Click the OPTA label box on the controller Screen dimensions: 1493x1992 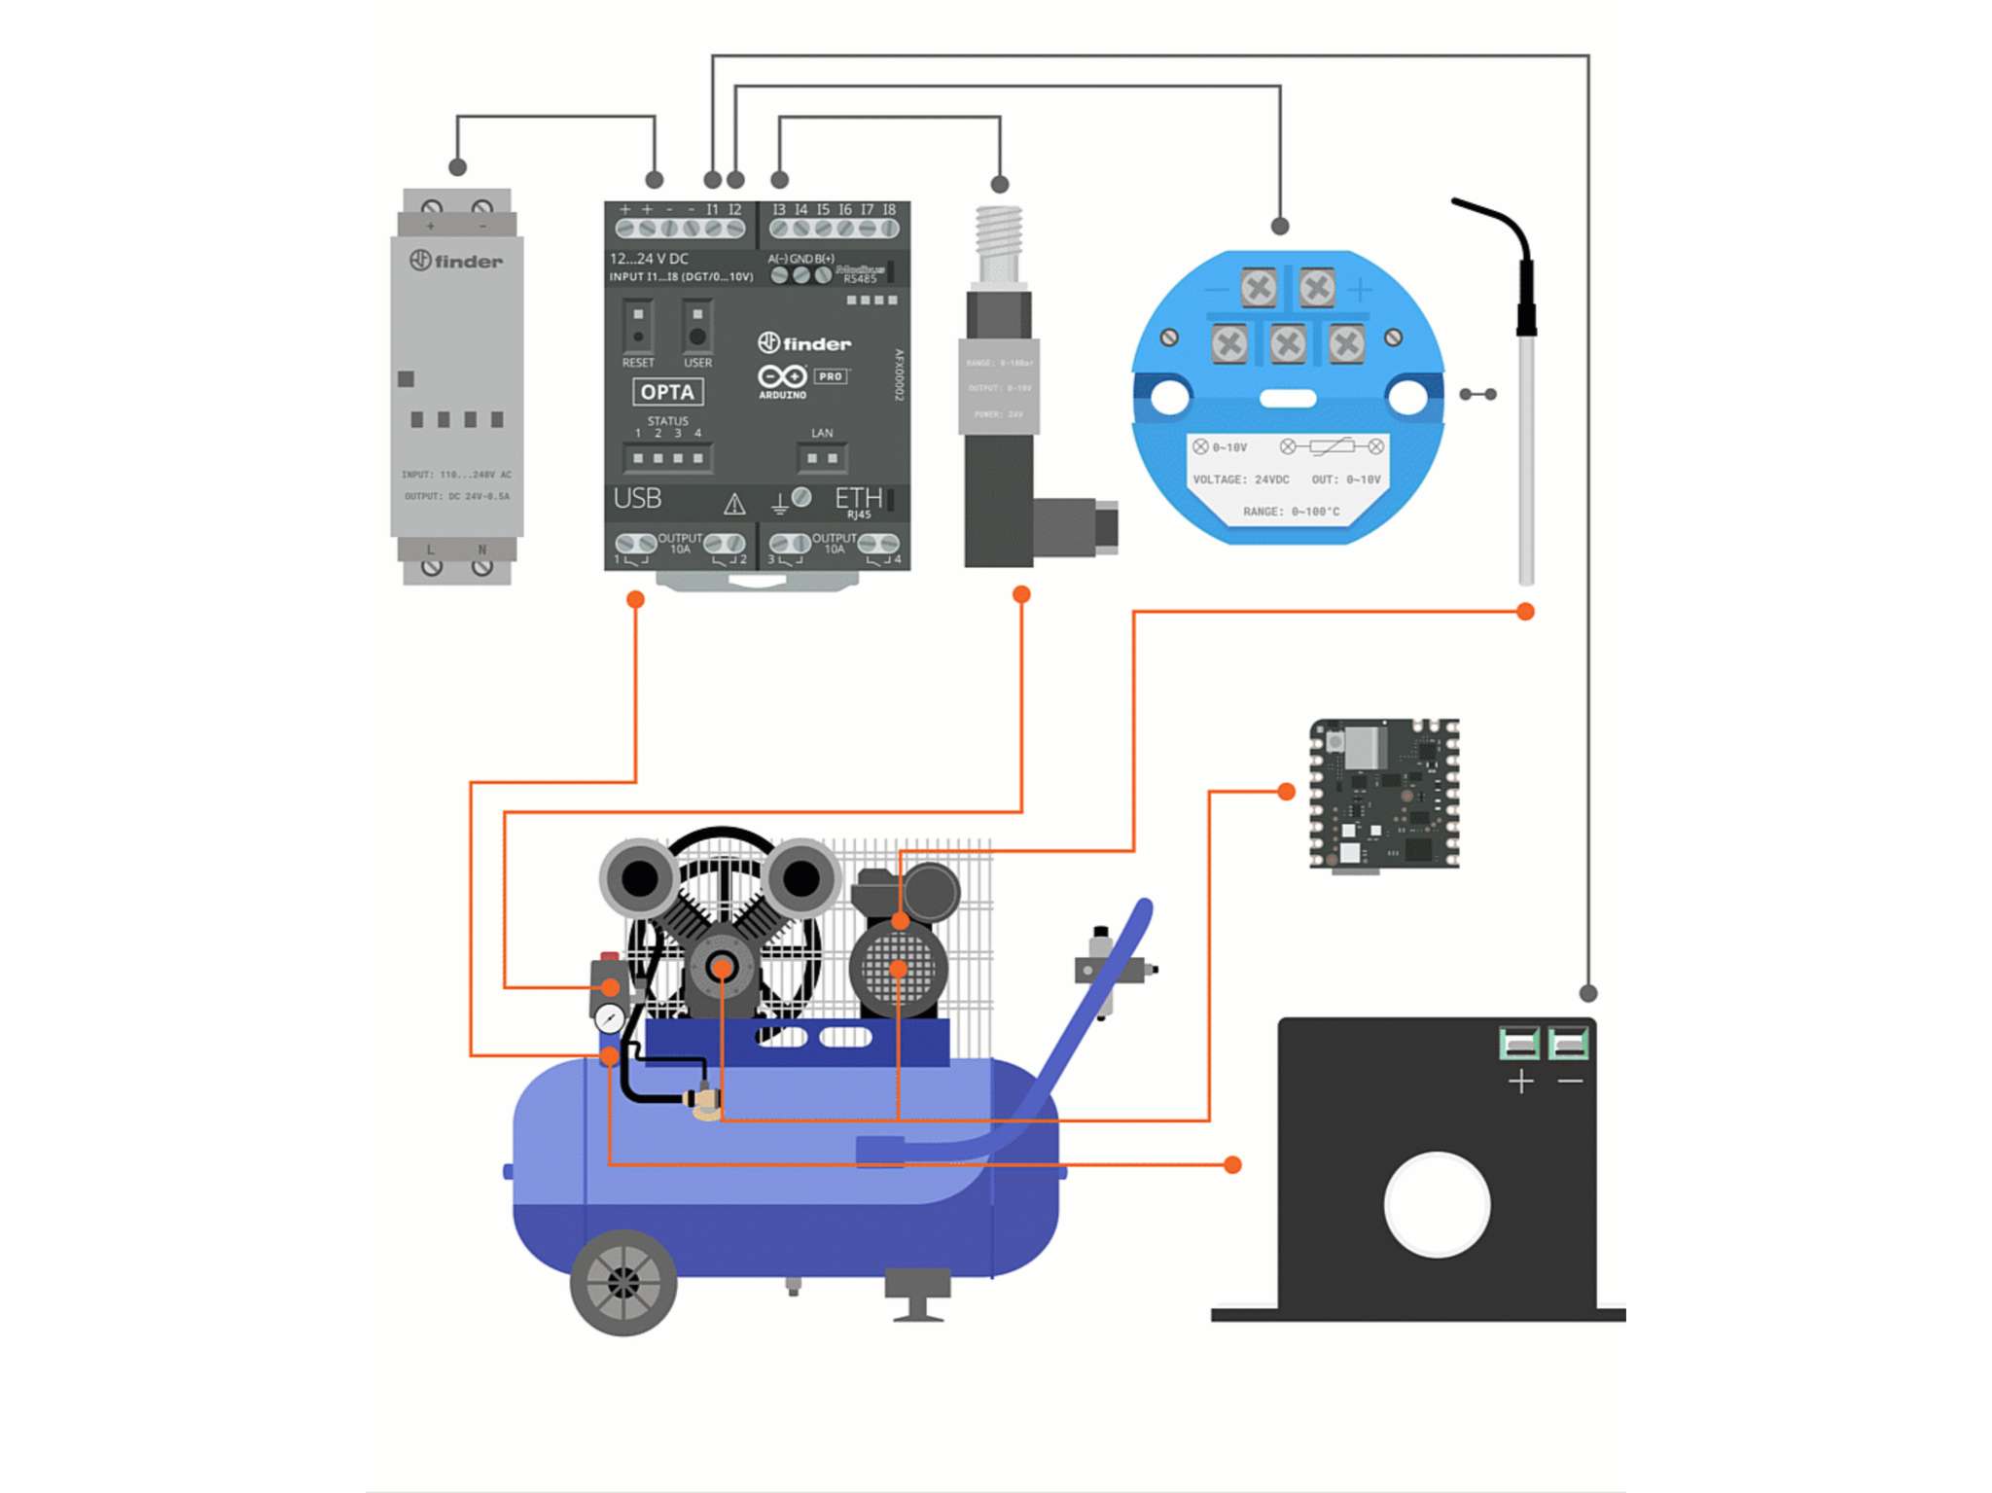(667, 392)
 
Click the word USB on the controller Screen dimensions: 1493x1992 (637, 499)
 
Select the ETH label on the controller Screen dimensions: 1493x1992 (858, 499)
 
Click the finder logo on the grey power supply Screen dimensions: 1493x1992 (456, 261)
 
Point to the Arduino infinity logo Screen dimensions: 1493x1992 (782, 376)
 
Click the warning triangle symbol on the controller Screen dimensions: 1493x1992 (734, 504)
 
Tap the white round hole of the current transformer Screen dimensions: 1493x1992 (1437, 1204)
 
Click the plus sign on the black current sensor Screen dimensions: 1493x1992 (1521, 1082)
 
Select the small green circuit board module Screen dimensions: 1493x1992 (1384, 794)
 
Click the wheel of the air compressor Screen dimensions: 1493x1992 (623, 1283)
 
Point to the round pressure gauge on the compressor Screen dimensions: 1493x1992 (610, 1018)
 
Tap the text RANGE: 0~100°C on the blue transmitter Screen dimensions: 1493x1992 (1291, 512)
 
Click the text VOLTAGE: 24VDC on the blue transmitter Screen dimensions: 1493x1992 (1240, 480)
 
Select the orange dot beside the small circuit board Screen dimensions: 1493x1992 (1286, 792)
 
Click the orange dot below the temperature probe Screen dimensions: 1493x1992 (1525, 612)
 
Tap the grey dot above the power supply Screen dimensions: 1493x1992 (458, 167)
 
